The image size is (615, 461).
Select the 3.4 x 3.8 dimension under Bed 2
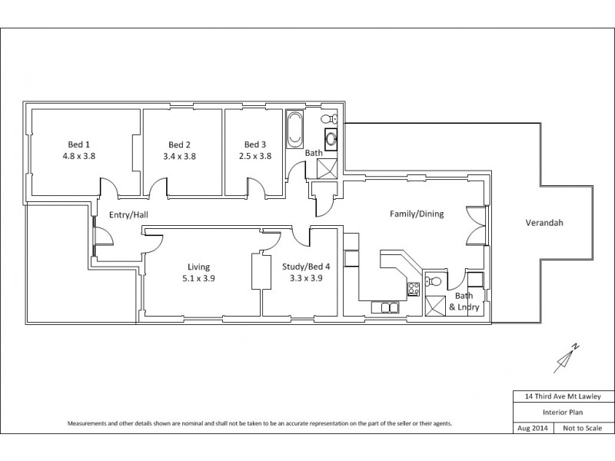point(179,156)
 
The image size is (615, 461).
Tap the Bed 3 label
point(255,144)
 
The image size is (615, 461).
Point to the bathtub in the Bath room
point(294,130)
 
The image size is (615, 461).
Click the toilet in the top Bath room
point(327,118)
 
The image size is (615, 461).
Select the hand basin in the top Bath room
point(331,139)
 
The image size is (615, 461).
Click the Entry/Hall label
point(128,214)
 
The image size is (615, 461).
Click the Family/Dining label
point(417,214)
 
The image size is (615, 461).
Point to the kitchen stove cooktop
point(413,289)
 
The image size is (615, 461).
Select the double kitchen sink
point(385,308)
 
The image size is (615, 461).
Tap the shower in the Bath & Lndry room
point(436,305)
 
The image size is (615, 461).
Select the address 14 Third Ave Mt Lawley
point(563,396)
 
